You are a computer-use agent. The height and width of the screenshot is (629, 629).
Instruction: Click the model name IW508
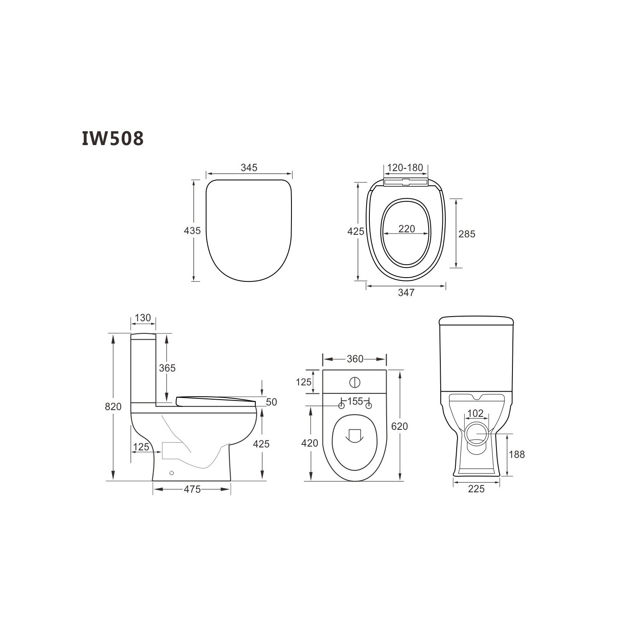point(112,138)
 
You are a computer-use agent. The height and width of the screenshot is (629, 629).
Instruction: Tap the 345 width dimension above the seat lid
point(249,168)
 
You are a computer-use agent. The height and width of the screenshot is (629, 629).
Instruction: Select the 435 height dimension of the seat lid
point(192,231)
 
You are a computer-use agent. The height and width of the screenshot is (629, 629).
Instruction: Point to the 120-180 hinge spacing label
point(405,168)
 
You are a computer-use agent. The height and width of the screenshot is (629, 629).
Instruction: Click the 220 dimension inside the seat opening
point(406,229)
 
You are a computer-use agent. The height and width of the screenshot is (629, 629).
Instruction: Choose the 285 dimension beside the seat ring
point(467,234)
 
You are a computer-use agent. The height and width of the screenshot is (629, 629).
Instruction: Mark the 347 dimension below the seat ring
point(406,293)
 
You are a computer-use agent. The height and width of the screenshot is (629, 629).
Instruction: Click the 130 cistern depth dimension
point(143,318)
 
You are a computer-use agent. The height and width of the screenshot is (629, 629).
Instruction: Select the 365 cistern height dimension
point(167,368)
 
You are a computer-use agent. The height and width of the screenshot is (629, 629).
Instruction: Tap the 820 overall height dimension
point(113,406)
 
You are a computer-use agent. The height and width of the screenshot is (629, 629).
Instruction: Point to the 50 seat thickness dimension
point(271,402)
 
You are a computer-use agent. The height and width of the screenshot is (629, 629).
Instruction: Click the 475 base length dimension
point(192,489)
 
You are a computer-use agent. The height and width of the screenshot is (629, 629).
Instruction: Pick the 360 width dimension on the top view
point(355,359)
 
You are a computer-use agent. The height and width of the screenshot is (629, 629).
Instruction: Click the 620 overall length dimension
point(399,426)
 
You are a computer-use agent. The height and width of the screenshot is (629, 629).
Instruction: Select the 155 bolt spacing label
point(355,401)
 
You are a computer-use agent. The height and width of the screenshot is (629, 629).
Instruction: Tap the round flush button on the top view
point(355,382)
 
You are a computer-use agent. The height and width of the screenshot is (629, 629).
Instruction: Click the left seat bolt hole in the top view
point(341,406)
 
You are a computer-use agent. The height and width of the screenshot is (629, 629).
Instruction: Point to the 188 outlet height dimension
point(516,455)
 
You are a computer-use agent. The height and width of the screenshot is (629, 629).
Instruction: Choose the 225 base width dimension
point(476,489)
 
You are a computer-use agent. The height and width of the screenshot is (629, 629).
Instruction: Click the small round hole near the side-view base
point(171,473)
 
